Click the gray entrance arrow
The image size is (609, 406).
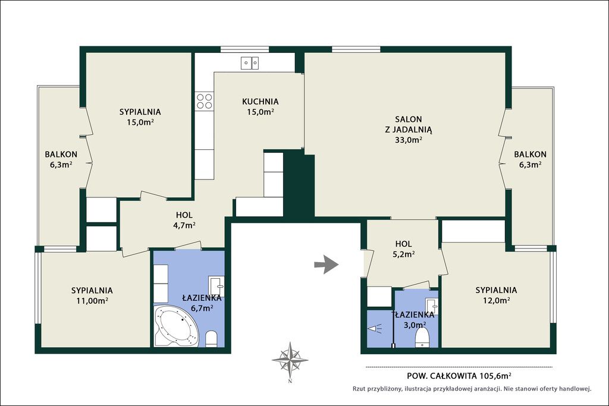pos(327,265)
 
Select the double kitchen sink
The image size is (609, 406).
pos(250,63)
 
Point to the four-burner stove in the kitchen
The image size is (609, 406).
pos(205,100)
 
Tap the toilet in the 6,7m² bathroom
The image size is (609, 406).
pos(211,338)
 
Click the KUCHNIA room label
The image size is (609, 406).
pos(260,102)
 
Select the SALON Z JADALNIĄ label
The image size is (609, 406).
pos(409,124)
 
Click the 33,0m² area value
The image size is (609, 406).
pos(409,140)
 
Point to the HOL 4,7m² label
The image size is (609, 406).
pos(184,220)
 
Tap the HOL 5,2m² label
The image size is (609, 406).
pos(404,249)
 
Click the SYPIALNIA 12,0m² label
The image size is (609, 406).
pos(497,295)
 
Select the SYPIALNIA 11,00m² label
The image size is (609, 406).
pos(92,295)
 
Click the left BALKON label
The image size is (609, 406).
pos(61,159)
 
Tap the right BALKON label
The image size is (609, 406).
pos(530,159)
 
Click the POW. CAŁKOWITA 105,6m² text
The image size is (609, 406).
pos(459,376)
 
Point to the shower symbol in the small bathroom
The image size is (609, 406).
pos(375,329)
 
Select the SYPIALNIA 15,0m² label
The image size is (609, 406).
pos(140,117)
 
